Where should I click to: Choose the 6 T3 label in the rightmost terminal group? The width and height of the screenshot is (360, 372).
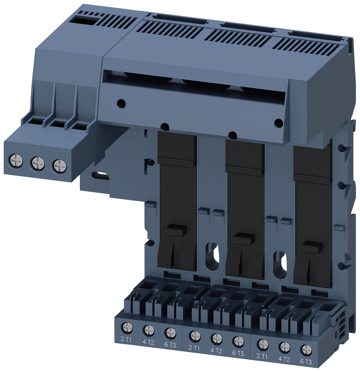[x=306, y=361]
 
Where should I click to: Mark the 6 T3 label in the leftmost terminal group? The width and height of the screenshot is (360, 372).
[x=170, y=344]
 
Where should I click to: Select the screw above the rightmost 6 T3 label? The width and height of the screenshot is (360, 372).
[x=306, y=349]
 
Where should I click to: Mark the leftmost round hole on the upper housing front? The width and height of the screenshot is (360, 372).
[x=120, y=103]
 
